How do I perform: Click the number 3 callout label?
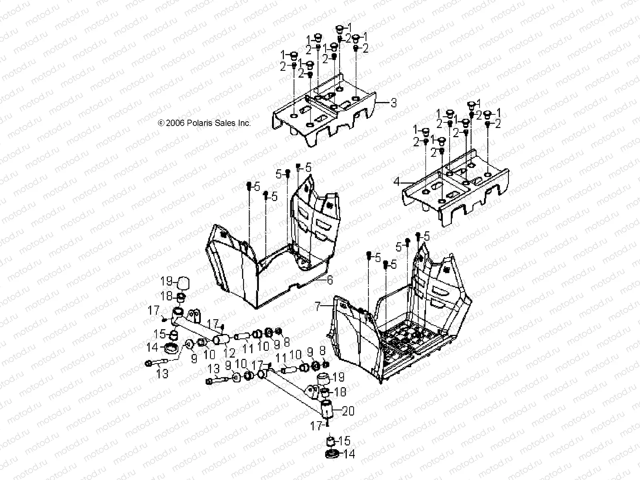pos(394,103)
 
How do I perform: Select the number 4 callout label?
pos(396,182)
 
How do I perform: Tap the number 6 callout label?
pos(330,280)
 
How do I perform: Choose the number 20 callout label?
pos(348,411)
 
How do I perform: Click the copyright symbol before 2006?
pos(162,123)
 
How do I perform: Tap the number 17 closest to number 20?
pos(316,426)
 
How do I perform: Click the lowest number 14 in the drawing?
pos(349,454)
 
